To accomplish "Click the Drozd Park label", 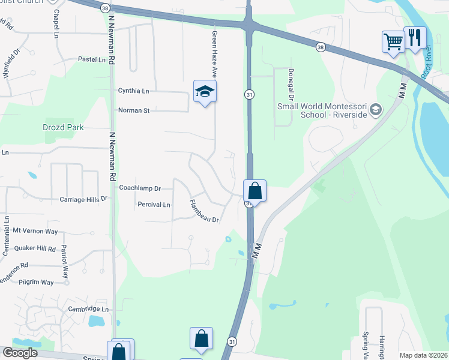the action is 63,127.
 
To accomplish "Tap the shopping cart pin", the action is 393,42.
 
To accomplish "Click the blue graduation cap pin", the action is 205,91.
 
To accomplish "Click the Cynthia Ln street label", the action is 133,91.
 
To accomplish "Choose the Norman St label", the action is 133,110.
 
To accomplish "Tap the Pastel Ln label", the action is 92,59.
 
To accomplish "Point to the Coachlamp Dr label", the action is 140,188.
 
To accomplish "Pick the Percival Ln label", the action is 154,205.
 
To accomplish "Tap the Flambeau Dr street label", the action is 205,211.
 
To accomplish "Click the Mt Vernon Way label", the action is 35,230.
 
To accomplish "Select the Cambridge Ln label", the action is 88,308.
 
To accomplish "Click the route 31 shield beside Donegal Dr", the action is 249,94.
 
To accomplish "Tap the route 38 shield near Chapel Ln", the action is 105,8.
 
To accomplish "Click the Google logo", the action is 20,353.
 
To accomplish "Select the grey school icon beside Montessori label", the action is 376,109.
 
